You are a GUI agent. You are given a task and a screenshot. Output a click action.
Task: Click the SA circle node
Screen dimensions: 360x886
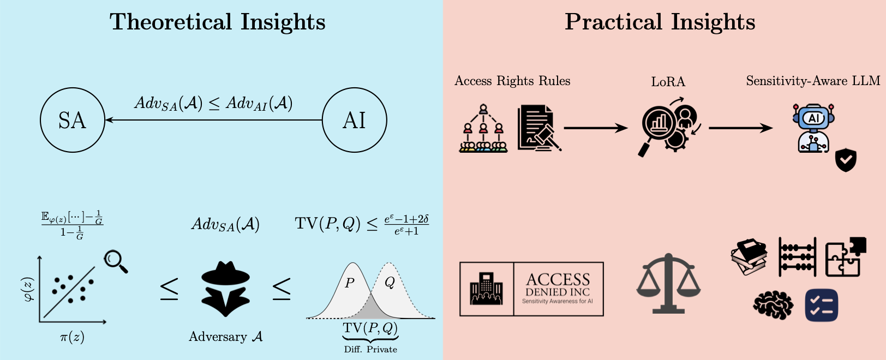coord(72,120)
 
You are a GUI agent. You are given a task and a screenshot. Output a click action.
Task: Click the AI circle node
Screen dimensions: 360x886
coord(354,120)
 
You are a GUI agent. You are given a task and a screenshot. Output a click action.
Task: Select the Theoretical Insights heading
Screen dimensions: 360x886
coord(217,22)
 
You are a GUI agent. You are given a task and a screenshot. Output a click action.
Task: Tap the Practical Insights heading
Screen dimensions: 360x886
coord(660,22)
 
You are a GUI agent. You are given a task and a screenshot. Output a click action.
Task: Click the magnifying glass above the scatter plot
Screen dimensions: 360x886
coord(115,261)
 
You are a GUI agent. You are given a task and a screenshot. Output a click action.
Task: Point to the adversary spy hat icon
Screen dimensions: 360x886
coord(225,289)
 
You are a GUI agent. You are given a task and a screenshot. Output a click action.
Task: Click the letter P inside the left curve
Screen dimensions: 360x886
coord(350,283)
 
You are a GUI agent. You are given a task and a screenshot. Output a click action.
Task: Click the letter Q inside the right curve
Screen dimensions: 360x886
coord(390,282)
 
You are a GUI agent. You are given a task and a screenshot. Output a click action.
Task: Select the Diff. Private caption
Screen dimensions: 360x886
coord(370,349)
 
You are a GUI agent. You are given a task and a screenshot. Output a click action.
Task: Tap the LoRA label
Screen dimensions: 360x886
coord(668,82)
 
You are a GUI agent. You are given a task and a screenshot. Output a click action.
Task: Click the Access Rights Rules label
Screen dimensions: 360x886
coord(512,81)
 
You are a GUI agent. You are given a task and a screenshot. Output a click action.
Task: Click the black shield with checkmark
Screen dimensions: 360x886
coord(846,160)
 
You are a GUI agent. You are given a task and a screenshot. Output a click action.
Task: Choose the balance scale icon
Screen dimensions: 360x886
coord(668,284)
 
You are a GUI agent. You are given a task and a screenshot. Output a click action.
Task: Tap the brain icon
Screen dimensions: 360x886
coord(773,304)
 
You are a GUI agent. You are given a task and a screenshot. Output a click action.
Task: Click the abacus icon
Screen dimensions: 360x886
coord(797,257)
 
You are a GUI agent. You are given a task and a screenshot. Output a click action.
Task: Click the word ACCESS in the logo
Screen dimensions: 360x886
coord(558,279)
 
